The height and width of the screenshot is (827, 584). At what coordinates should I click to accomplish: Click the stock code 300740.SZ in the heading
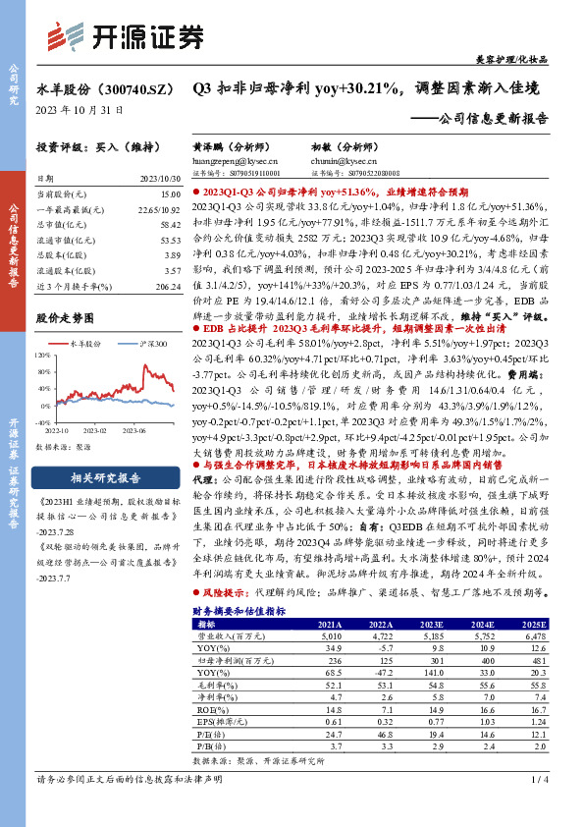pos(133,88)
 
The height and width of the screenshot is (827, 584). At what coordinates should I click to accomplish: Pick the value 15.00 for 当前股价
pos(170,194)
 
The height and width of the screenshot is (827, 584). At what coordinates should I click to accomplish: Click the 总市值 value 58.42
pos(170,224)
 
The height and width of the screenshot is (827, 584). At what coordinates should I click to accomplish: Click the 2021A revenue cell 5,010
pos(330,634)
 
